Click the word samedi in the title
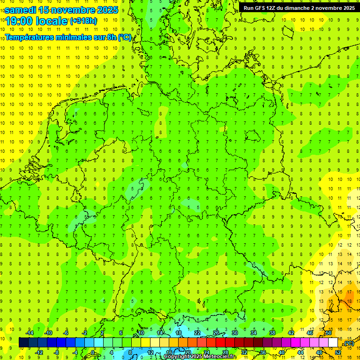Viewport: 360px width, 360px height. coord(20,10)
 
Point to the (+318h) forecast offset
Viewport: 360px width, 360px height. coord(83,21)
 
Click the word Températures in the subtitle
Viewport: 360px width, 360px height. coord(31,37)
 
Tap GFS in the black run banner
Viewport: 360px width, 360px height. coord(260,8)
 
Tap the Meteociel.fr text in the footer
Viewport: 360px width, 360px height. coord(220,357)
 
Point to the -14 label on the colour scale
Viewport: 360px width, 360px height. coord(30,333)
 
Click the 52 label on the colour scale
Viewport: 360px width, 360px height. coord(338,352)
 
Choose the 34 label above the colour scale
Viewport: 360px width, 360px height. coord(253,333)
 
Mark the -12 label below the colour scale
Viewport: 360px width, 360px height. coord(39,352)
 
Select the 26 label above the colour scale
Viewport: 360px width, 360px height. coord(216,333)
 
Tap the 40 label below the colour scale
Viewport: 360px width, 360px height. coord(282,352)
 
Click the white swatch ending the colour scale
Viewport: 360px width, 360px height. coord(333,342)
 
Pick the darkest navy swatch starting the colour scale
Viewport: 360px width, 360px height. coord(23,342)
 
